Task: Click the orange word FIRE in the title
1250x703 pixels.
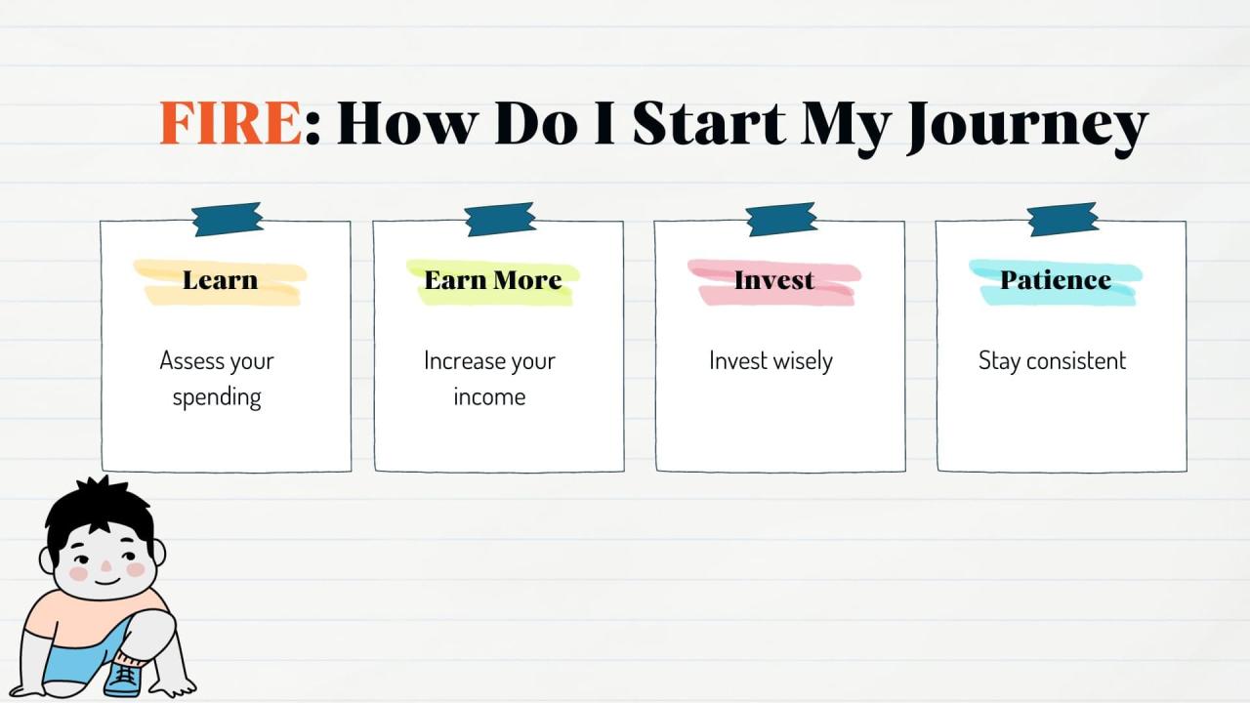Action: (230, 123)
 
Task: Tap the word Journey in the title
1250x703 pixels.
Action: (1026, 125)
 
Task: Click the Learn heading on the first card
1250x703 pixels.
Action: (220, 280)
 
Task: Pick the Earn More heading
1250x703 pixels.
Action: (492, 280)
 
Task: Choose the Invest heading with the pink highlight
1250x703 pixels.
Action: (773, 280)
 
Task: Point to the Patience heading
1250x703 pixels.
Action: (1055, 280)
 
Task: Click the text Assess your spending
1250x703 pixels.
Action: (217, 379)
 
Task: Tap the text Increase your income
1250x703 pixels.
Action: (489, 379)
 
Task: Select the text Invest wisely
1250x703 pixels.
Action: (771, 361)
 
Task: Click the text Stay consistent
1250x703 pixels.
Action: (1052, 361)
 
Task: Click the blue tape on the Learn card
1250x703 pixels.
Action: (227, 220)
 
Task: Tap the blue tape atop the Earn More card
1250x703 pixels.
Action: (499, 220)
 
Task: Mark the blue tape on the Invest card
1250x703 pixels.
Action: (780, 220)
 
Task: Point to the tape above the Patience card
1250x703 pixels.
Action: (1062, 220)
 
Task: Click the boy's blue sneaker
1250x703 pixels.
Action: (124, 677)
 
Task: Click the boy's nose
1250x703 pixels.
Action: (105, 565)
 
